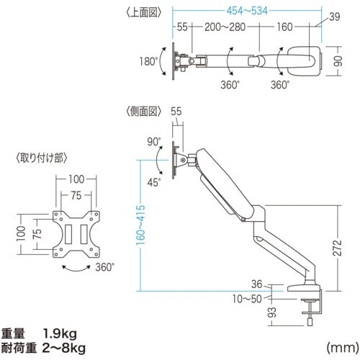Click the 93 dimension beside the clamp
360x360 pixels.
(x=274, y=314)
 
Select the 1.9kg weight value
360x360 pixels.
(x=63, y=333)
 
